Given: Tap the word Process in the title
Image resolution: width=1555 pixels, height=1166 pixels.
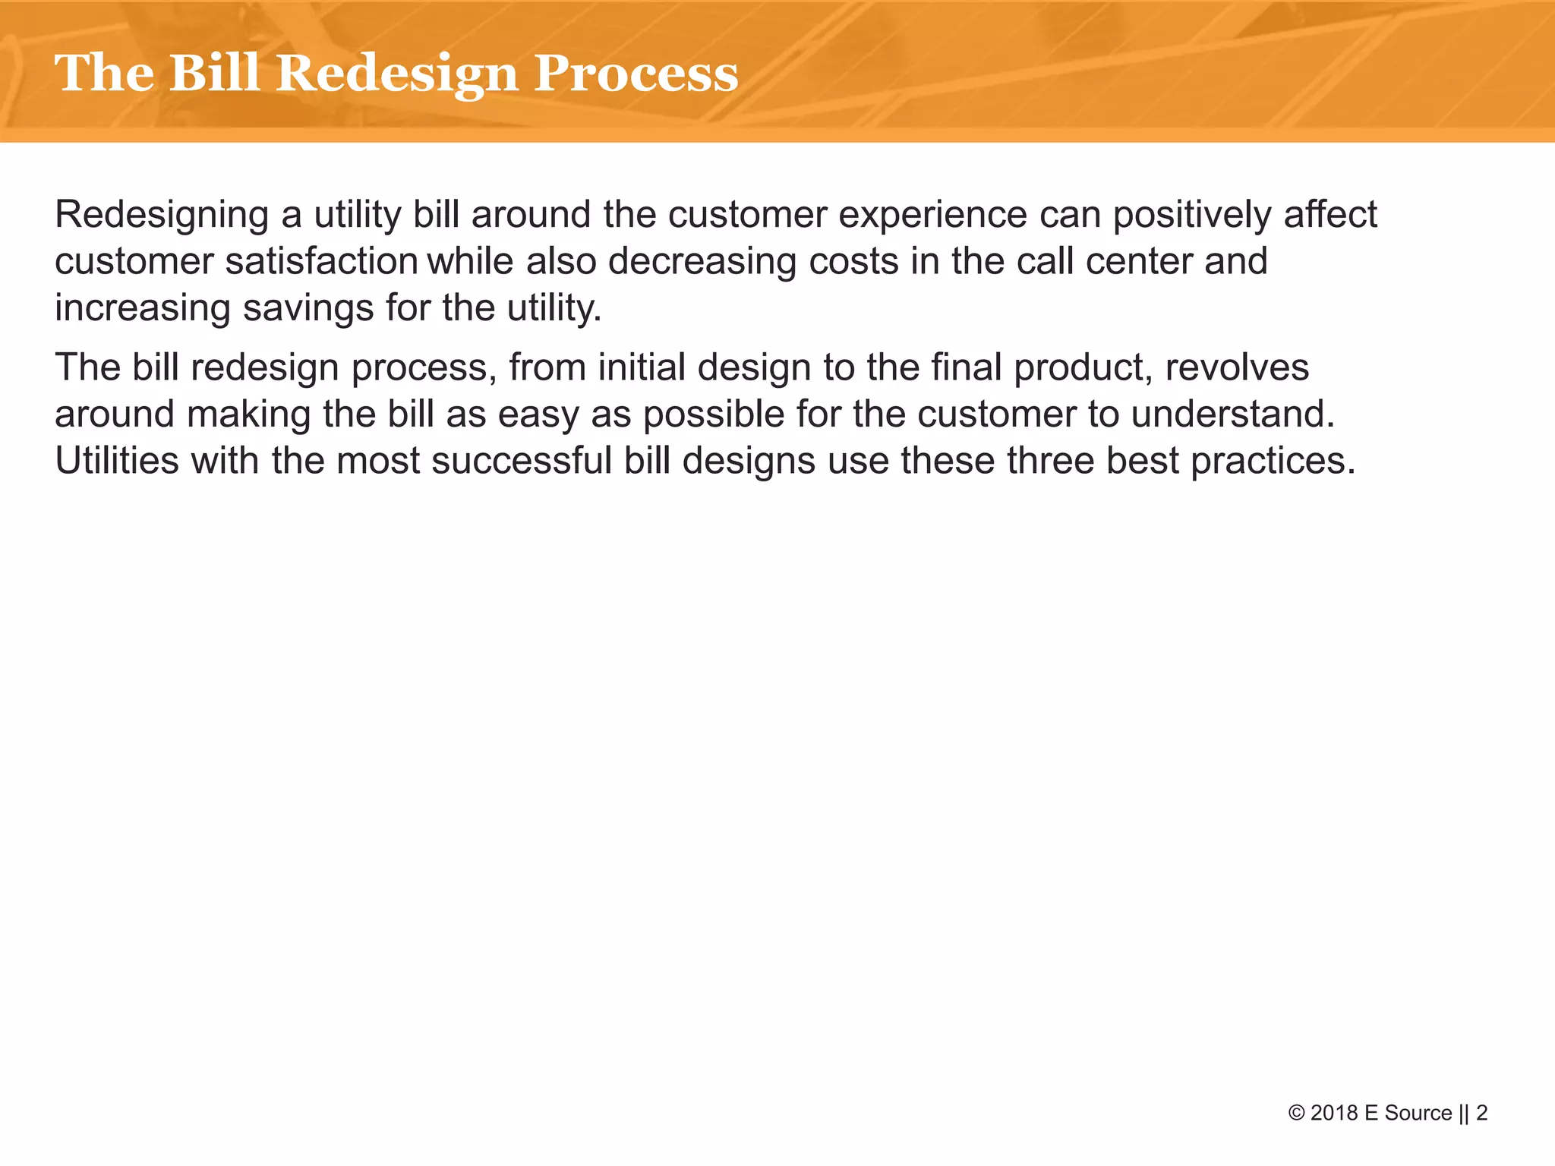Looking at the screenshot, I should click(x=636, y=74).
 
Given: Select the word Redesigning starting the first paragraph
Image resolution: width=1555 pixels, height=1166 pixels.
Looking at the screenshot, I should click(x=162, y=216).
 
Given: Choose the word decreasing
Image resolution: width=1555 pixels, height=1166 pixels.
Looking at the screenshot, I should click(x=702, y=262).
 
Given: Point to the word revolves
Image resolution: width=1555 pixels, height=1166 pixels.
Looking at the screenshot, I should click(x=1237, y=368).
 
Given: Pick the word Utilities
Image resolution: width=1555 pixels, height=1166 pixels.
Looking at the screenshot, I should click(x=117, y=461).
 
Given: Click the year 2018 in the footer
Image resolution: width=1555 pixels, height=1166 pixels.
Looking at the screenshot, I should click(x=1335, y=1114).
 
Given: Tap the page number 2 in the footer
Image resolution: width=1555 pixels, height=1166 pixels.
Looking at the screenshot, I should click(x=1481, y=1114).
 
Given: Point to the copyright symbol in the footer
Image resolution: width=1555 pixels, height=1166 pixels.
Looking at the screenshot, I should click(x=1297, y=1114).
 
